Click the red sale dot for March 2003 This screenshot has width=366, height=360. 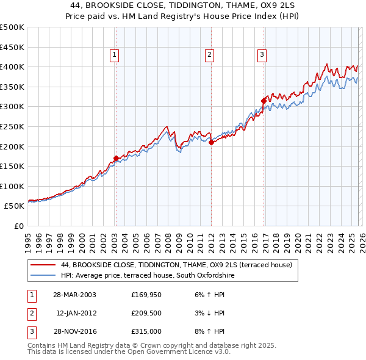116,159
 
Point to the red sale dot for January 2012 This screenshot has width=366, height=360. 211,143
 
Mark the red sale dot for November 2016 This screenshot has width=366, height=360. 264,101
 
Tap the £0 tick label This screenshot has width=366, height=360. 18,226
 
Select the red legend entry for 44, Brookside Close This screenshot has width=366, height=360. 176,265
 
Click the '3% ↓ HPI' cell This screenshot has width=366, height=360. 210,313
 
